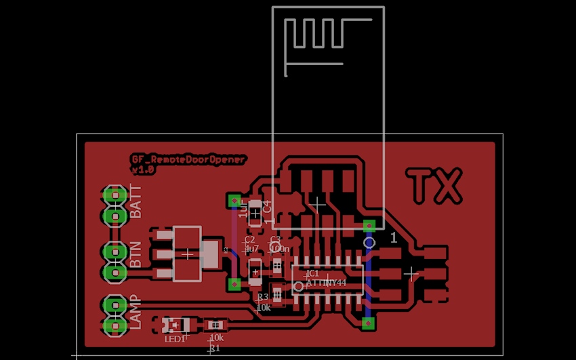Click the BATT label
tap(136, 201)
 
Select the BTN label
tap(136, 254)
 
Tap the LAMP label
tap(136, 312)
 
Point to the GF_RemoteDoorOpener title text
tap(189, 159)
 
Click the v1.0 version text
tap(144, 170)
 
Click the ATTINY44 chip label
tap(326, 283)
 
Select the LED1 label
tap(175, 338)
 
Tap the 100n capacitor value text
tap(279, 249)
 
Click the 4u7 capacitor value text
tap(251, 249)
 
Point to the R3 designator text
tap(262, 297)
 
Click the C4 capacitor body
tap(255, 213)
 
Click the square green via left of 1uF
tap(234, 201)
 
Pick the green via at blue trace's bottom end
tap(369, 323)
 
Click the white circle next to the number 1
tap(369, 242)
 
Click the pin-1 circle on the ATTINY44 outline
tap(299, 287)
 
